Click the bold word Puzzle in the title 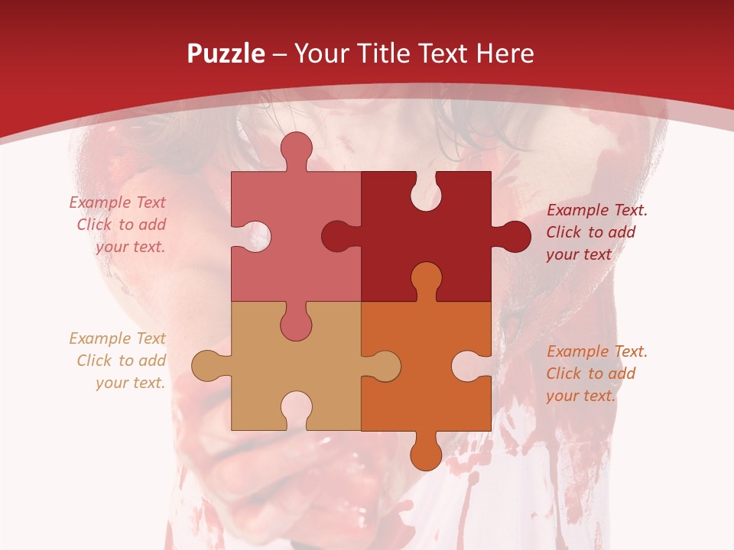[226, 54]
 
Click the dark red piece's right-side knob [513, 236]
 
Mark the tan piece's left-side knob [208, 365]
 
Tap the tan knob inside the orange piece [384, 366]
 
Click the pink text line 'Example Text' [117, 202]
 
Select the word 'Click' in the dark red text [564, 232]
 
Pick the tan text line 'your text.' [130, 383]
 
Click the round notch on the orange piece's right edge [468, 366]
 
